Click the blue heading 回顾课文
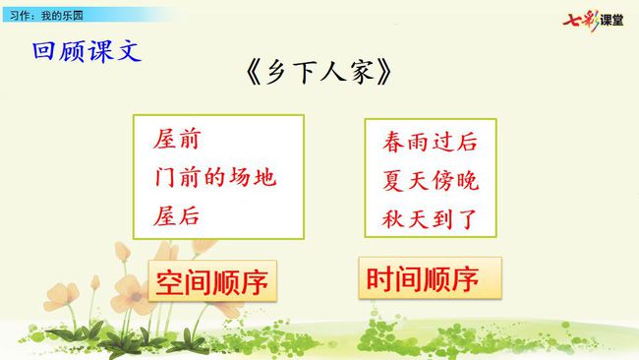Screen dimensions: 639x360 point(87,51)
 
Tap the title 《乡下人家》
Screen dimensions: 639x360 point(319,72)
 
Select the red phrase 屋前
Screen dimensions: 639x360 point(177,139)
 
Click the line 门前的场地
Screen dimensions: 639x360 point(215,177)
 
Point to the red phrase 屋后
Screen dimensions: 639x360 point(176,215)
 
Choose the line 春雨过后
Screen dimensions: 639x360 point(430,142)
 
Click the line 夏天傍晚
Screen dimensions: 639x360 point(431,180)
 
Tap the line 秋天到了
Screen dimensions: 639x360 point(430,218)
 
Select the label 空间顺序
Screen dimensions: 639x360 point(212,282)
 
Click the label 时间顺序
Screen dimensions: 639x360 point(422,279)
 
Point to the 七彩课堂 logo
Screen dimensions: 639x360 point(593,20)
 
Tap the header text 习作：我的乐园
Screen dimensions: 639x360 point(46,16)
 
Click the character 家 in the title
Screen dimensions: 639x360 point(360,72)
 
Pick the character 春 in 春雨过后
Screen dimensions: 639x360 point(393,142)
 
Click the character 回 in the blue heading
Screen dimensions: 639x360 point(43,51)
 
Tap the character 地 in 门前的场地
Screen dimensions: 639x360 point(264,177)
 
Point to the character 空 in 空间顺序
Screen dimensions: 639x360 point(169,282)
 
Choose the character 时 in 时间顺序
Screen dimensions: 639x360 point(379,279)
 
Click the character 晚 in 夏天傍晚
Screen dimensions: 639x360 point(467,180)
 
